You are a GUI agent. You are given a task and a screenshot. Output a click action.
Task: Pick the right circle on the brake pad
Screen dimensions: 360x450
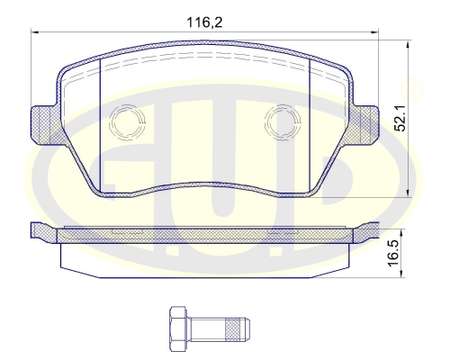tap(285, 120)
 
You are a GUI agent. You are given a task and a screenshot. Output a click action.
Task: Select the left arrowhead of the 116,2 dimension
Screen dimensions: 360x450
tap(36, 33)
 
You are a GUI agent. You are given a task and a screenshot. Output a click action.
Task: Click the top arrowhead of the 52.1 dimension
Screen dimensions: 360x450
tap(410, 40)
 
